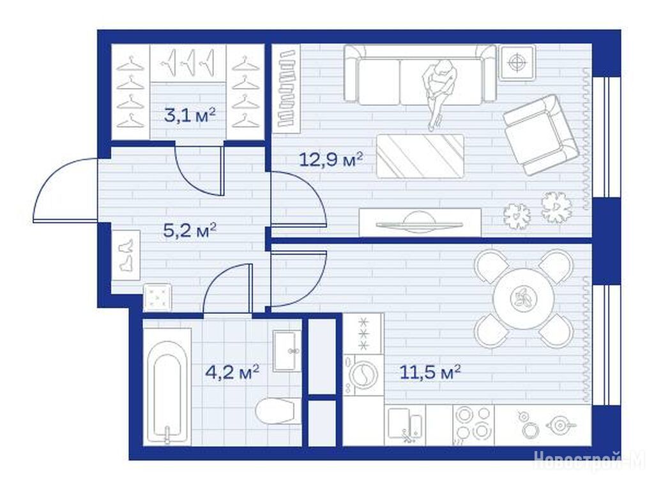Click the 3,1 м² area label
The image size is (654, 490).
190,115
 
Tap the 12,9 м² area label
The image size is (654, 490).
331,159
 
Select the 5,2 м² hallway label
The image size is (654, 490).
190,230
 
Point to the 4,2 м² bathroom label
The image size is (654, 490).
232,372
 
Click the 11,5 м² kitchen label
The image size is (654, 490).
430,372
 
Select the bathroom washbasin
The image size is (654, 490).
287,351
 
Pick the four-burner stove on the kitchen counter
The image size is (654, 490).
473,424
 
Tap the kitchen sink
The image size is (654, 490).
404,424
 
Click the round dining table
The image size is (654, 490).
524,299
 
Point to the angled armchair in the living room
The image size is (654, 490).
541,135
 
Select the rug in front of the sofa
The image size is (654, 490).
420,156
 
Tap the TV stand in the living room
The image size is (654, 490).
420,223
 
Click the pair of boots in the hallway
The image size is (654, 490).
126,255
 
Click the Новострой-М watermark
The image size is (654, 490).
589,461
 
